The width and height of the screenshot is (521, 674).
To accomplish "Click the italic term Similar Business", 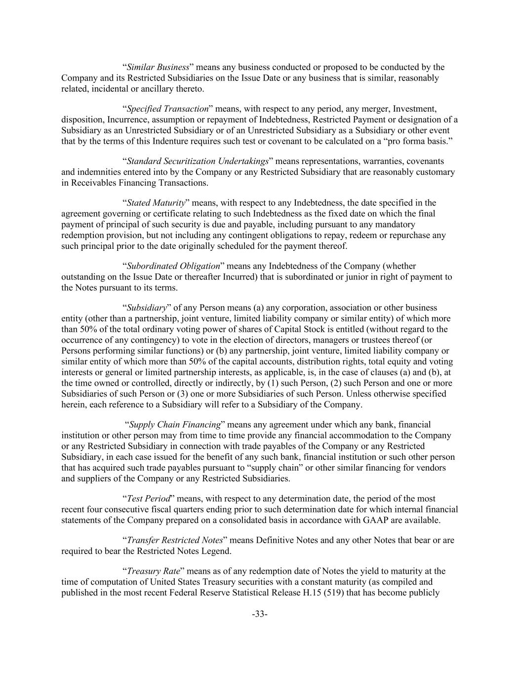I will pyautogui.click(x=158, y=67).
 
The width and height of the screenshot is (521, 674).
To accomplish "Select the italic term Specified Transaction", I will pyautogui.click(x=167, y=109).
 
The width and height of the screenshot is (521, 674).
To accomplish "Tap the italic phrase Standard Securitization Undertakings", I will pyautogui.click(x=198, y=161).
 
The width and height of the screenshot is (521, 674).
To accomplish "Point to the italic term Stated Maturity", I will pyautogui.click(x=156, y=203).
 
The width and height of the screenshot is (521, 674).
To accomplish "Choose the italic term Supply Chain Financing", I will pyautogui.click(x=175, y=425).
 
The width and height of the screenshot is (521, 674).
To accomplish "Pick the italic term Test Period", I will pyautogui.click(x=149, y=499).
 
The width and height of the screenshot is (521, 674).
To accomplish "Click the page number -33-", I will pyautogui.click(x=260, y=614).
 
